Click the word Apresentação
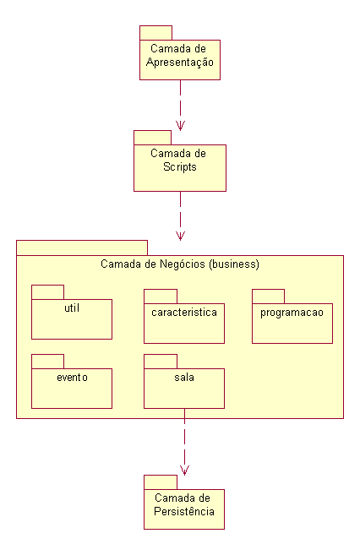click(180, 63)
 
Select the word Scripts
click(180, 166)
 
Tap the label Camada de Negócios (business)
click(180, 264)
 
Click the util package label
click(72, 308)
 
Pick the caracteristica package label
click(184, 313)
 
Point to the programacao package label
click(292, 313)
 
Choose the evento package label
click(72, 378)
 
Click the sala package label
click(184, 378)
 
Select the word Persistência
click(184, 511)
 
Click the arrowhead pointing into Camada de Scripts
click(180, 126)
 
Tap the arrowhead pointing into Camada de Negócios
click(180, 236)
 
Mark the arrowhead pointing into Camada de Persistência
click(184, 471)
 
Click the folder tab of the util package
click(48, 292)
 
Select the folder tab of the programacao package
click(269, 297)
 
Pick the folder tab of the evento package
click(48, 362)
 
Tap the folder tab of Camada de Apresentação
click(155, 33)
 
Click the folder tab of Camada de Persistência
click(161, 482)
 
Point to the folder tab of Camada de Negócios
click(82, 248)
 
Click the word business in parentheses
click(234, 264)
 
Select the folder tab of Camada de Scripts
click(153, 138)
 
